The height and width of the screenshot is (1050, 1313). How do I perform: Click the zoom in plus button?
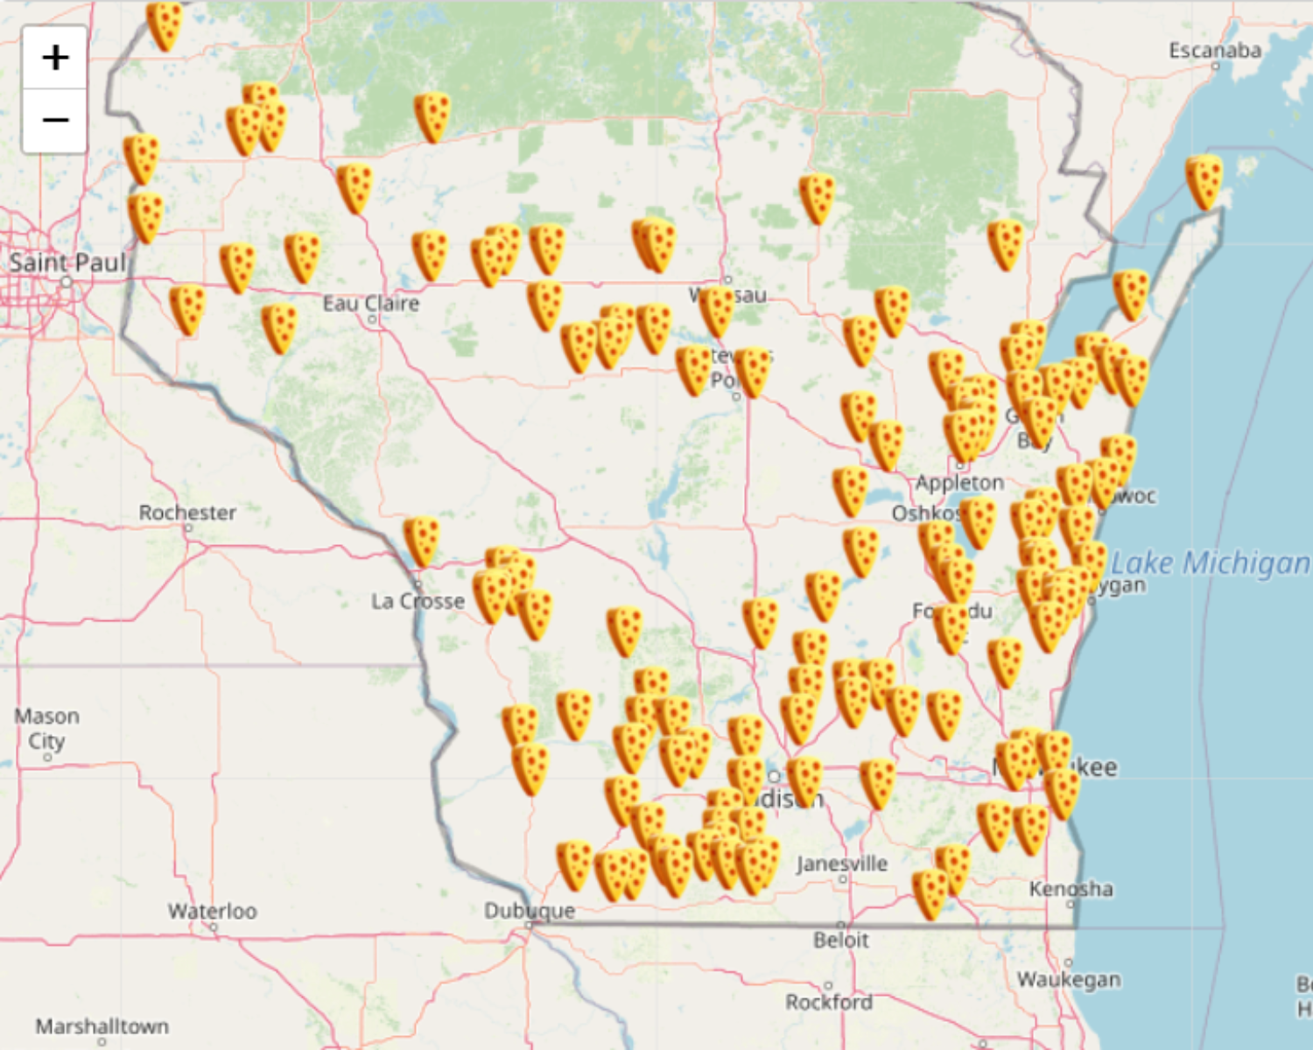55,58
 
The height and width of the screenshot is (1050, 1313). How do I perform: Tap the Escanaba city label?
1215,51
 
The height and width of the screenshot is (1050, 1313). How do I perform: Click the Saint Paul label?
67,262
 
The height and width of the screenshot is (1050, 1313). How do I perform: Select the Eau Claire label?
370,304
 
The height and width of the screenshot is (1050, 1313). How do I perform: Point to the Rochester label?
187,513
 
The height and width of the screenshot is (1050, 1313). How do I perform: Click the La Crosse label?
418,601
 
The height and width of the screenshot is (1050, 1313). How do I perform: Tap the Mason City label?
46,728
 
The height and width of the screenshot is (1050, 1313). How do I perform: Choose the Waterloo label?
213,911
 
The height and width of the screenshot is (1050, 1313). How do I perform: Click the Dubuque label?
530,911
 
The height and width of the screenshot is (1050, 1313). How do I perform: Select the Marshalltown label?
102,1025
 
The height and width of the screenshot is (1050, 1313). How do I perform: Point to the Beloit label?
841,941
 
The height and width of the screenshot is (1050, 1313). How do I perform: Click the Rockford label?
829,1002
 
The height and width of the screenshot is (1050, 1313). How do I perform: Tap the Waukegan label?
1069,980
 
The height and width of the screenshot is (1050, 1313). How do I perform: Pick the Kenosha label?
1071,889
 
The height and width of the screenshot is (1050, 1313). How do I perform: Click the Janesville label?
842,864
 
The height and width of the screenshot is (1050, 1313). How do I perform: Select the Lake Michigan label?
1210,563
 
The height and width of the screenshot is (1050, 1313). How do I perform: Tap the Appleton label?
959,483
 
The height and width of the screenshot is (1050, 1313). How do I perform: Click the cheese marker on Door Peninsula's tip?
1204,182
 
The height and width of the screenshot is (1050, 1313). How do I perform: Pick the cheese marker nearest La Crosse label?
421,541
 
